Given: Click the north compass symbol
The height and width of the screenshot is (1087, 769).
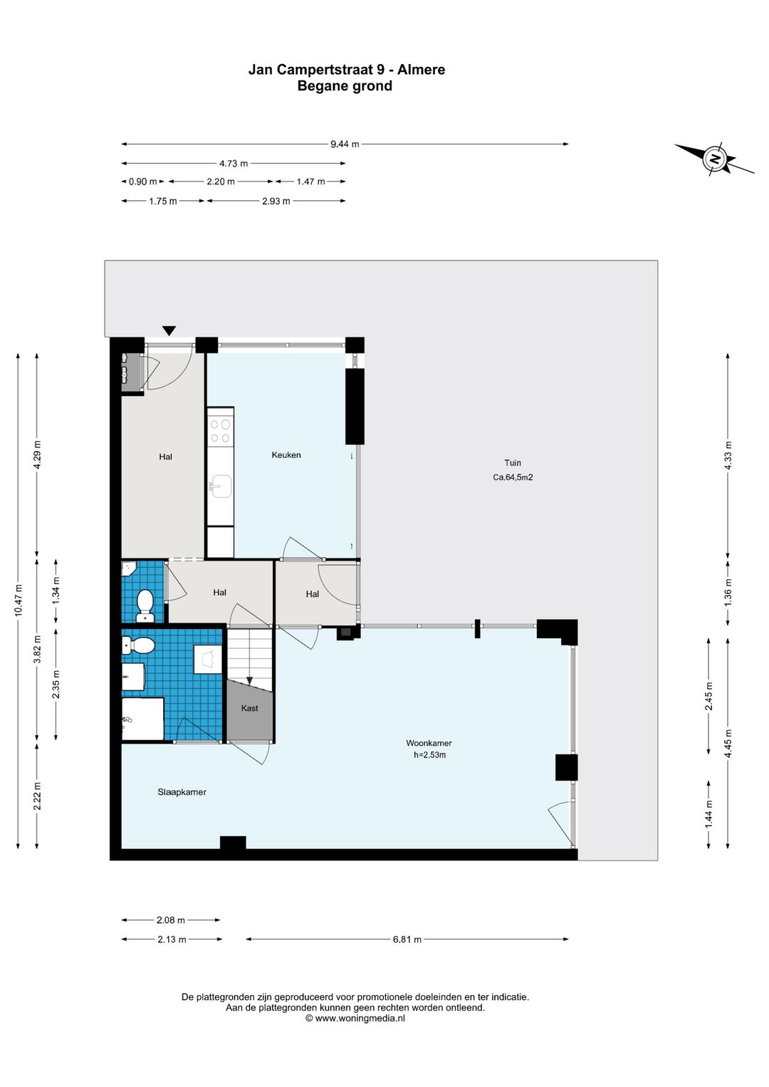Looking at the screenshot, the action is point(714,159).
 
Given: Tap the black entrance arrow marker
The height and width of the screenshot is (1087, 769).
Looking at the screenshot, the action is point(169,331).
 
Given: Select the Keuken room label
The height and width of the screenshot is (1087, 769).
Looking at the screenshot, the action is point(286,454).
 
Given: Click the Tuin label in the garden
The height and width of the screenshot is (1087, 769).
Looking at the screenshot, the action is point(513,463).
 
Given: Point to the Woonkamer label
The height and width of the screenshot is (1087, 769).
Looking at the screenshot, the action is point(429,743).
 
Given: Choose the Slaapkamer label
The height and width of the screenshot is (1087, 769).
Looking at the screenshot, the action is point(182,792).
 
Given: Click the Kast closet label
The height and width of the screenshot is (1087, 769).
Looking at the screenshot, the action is point(249,709).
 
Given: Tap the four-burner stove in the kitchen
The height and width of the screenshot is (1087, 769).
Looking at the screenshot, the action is point(221,431).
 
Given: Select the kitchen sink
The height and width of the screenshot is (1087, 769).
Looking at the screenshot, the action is point(220,487).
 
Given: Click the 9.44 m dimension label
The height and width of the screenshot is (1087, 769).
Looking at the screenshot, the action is point(345,144).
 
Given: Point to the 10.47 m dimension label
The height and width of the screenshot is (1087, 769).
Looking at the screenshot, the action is point(18,600).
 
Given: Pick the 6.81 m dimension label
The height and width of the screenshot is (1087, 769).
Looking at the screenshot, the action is point(407,939).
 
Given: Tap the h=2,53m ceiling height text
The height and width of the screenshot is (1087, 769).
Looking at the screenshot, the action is point(429,754).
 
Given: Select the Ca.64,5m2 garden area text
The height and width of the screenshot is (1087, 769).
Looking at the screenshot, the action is point(513,477).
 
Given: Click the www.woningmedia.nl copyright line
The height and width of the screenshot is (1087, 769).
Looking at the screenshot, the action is point(355,1018).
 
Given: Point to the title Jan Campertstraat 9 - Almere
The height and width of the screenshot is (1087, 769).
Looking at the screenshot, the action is point(347,70).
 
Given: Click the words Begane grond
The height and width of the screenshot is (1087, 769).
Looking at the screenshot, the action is point(345,86).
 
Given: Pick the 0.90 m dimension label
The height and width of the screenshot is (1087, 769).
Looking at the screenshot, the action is point(143,182).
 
